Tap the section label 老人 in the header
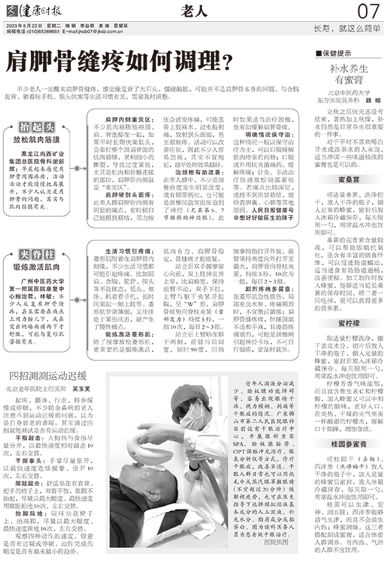pyautogui.click(x=192, y=10)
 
